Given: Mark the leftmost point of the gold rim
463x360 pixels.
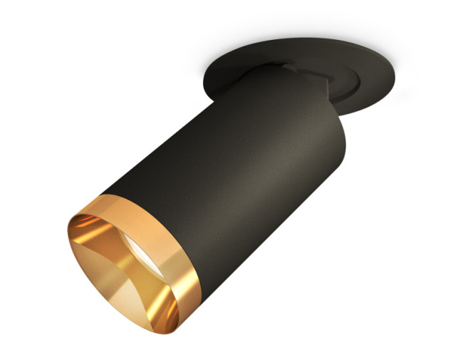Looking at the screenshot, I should (69, 242).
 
